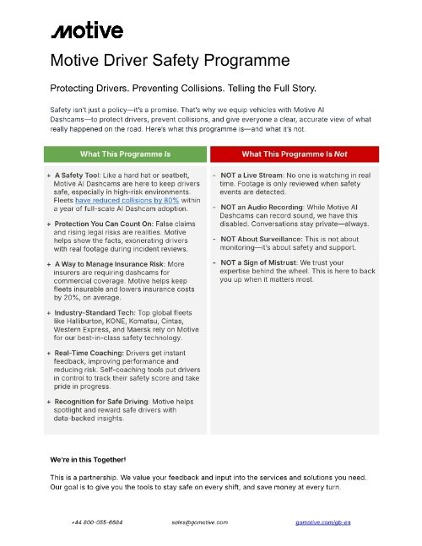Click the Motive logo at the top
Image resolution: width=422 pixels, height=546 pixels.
tap(88, 31)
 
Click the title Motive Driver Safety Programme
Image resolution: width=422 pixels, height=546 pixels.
tap(171, 60)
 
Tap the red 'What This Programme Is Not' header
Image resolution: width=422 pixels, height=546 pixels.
tap(295, 154)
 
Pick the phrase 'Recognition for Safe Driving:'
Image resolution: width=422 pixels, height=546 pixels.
tap(107, 401)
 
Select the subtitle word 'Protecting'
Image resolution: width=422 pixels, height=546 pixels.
tap(77, 89)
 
